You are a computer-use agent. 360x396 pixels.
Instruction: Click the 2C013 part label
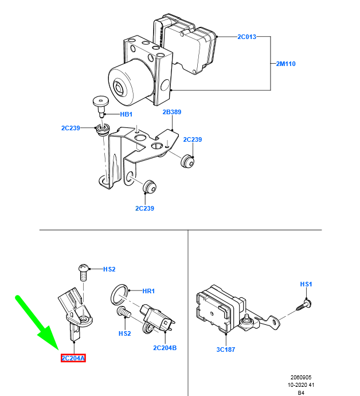[x=246, y=37]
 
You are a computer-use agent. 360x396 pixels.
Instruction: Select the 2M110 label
[x=286, y=64]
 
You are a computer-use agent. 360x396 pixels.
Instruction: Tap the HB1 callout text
[x=126, y=115]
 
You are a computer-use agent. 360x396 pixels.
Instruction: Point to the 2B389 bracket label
[x=171, y=112]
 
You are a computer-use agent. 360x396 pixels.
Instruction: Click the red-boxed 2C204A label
[x=73, y=359]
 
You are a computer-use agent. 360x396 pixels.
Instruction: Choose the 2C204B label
[x=165, y=348]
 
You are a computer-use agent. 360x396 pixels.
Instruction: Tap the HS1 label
[x=306, y=284]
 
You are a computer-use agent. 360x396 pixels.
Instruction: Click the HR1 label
[x=148, y=292]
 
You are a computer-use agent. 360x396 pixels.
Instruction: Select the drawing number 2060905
[x=300, y=378]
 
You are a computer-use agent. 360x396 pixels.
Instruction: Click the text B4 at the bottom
[x=300, y=393]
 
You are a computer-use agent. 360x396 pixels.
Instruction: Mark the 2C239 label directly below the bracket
[x=144, y=208]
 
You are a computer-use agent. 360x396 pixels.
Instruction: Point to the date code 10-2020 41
[x=300, y=386]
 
